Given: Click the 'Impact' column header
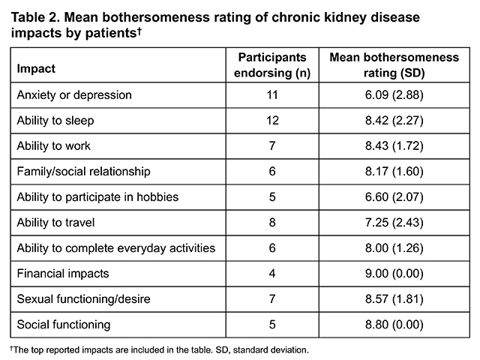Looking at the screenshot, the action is pos(36,68).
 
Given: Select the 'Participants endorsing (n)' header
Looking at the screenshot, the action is pos(272,65).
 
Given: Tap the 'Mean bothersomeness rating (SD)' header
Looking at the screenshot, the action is pos(394,65).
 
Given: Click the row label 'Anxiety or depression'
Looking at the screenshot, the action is pos(74,95).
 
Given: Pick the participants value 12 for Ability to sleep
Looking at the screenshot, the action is pos(272,121).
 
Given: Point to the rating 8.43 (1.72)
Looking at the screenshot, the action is pos(394,146).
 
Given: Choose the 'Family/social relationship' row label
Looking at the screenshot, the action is pos(83,172).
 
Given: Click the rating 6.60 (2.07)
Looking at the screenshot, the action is pos(394,196).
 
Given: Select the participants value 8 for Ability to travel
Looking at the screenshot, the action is pos(272,222).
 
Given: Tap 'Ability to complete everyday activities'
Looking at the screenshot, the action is pos(116,248).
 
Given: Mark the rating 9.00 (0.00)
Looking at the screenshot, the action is pos(394,273).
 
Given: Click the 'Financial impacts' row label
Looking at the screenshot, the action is pos(63,273).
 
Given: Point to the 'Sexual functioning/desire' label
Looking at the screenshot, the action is pos(83,298).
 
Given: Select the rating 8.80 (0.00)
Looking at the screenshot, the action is pos(394,325).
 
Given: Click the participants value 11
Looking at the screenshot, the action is pos(272,95).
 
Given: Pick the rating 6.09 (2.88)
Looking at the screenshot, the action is pos(394,95).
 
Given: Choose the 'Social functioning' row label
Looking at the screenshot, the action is pos(64,325).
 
